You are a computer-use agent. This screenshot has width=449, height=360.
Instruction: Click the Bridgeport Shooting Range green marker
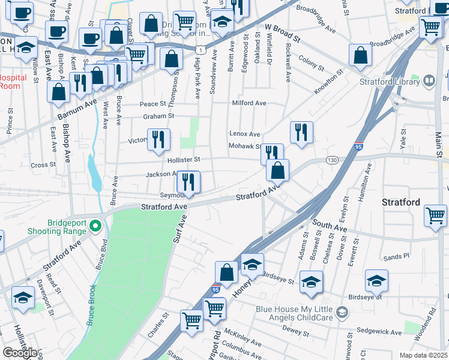(x=95, y=226)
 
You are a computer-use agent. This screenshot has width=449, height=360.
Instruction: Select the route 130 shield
(x=332, y=160)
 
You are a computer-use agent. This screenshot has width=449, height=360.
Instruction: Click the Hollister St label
(x=183, y=160)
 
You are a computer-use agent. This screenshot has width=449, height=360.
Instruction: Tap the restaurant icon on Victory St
(x=158, y=139)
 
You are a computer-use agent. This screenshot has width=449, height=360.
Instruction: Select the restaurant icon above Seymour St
(x=188, y=181)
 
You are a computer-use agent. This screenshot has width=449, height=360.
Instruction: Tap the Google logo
(x=20, y=353)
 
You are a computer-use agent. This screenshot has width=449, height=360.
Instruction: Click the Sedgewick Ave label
(x=380, y=332)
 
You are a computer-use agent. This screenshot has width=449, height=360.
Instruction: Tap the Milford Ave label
(x=249, y=103)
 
